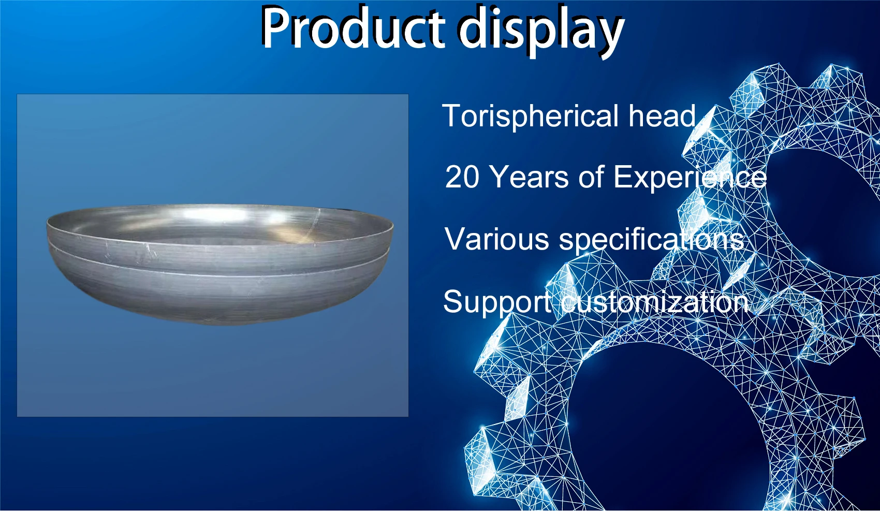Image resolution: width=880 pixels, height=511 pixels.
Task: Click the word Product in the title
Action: [x=352, y=28]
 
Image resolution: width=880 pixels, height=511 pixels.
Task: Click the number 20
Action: [x=462, y=177]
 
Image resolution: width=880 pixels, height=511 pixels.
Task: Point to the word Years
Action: [x=529, y=177]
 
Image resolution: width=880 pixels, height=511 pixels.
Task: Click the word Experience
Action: [x=690, y=178]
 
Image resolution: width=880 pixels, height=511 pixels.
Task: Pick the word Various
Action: [x=496, y=239]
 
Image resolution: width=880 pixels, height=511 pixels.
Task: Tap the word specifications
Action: [x=652, y=240]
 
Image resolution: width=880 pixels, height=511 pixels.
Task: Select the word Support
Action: [x=497, y=302]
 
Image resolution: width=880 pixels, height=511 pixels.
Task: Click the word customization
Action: [x=655, y=302]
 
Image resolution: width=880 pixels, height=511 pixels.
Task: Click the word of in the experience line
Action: [x=591, y=177]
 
